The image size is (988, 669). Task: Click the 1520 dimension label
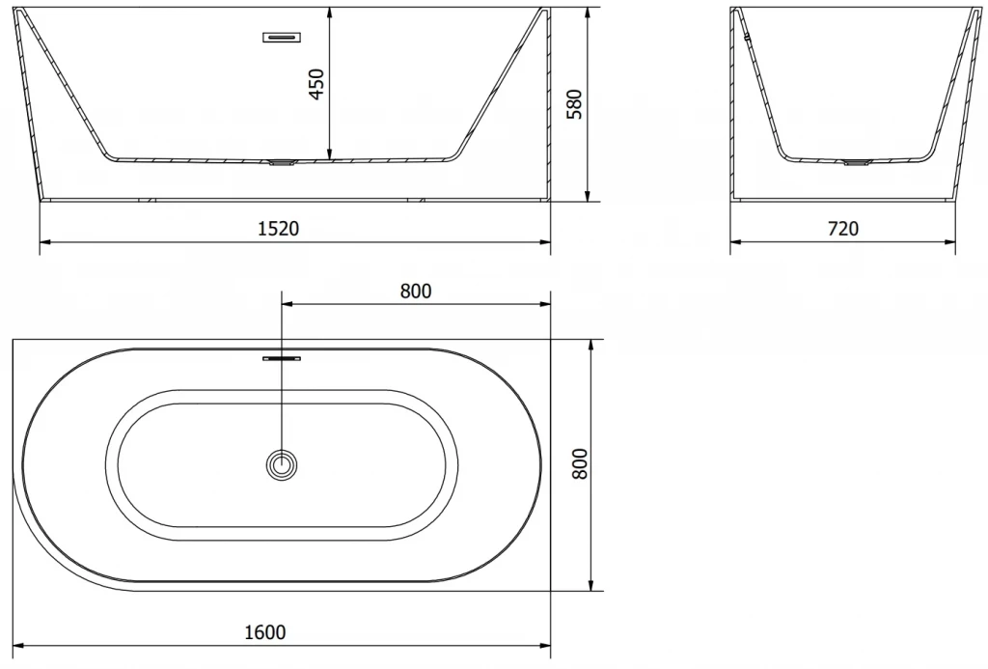click(x=279, y=228)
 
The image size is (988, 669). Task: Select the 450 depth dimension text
click(x=316, y=83)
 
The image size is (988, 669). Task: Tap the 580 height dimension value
click(x=574, y=104)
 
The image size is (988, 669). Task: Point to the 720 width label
click(x=843, y=228)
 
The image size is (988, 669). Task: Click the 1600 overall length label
click(x=265, y=631)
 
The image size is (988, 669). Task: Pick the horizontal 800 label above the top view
click(x=416, y=291)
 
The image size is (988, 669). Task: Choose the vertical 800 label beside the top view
click(x=579, y=463)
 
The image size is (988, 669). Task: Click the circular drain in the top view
click(x=282, y=466)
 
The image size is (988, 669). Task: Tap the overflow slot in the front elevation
click(x=282, y=38)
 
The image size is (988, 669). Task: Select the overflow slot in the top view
click(x=282, y=358)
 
